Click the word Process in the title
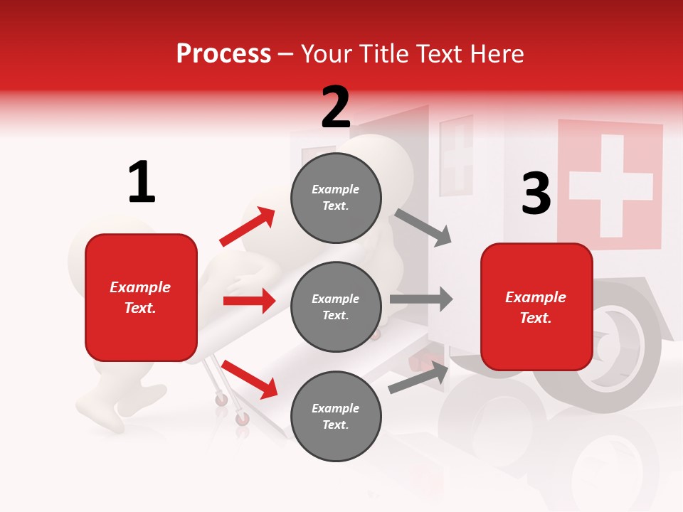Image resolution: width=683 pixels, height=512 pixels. pyautogui.click(x=223, y=53)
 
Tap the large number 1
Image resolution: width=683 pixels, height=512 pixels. pyautogui.click(x=141, y=183)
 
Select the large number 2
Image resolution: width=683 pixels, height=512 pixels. pyautogui.click(x=336, y=107)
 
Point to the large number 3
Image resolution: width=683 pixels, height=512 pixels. pyautogui.click(x=536, y=193)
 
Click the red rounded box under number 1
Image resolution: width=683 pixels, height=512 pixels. pyautogui.click(x=141, y=297)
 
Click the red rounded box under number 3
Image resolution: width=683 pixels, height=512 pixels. pyautogui.click(x=536, y=307)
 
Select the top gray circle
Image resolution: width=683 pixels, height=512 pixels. pyautogui.click(x=336, y=198)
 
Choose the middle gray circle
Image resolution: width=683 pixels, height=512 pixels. pyautogui.click(x=336, y=307)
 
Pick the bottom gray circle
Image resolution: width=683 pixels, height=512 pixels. pyautogui.click(x=336, y=417)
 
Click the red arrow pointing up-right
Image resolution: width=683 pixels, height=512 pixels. pyautogui.click(x=248, y=227)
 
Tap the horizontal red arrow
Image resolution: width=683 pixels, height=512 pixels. pyautogui.click(x=249, y=301)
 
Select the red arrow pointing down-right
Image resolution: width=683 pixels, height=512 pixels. pyautogui.click(x=250, y=379)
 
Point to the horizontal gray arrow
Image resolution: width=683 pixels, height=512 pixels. pyautogui.click(x=421, y=299)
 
